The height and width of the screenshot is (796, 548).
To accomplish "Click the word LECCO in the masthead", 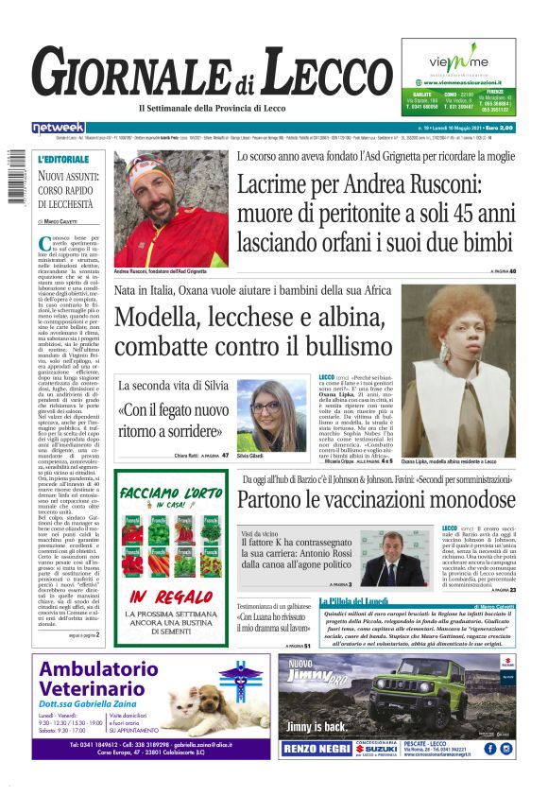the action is point(323,74).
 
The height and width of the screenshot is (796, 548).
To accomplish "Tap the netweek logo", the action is point(58,128).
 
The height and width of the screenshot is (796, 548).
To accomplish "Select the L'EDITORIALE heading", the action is point(64,160).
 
